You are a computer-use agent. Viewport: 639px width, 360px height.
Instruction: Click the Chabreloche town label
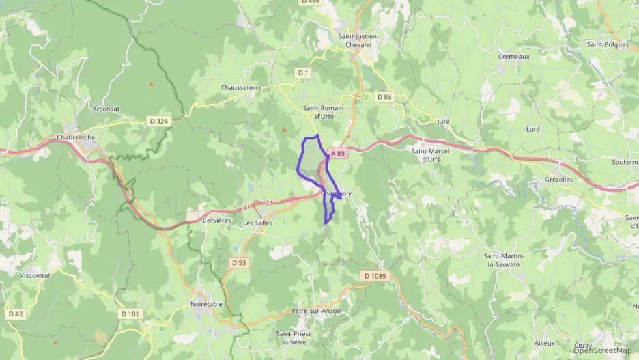pyautogui.click(x=76, y=137)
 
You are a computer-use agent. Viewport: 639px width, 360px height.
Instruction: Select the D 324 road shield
pyautogui.click(x=158, y=121)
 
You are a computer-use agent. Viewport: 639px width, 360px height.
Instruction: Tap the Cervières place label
pyautogui.click(x=218, y=221)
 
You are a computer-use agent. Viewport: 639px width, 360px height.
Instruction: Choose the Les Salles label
pyautogui.click(x=257, y=223)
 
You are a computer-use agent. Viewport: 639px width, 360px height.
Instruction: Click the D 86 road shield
pyautogui.click(x=384, y=97)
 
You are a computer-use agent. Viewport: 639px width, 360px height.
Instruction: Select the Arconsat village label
pyautogui.click(x=107, y=108)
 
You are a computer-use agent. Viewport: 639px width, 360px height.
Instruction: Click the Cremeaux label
pyautogui.click(x=514, y=57)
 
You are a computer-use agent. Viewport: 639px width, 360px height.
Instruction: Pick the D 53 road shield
pyautogui.click(x=238, y=262)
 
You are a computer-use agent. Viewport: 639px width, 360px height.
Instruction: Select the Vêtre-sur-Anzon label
pyautogui.click(x=315, y=311)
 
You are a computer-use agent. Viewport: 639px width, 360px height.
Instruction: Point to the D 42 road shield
pyautogui.click(x=15, y=314)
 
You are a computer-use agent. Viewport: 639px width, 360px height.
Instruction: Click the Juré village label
pyautogui.click(x=443, y=122)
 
